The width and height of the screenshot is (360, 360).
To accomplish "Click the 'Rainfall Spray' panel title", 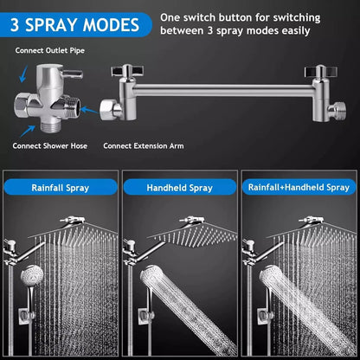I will (x=61, y=186).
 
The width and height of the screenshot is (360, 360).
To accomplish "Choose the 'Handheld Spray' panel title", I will (x=180, y=186).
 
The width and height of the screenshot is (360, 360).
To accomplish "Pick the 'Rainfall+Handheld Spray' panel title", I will (x=299, y=186).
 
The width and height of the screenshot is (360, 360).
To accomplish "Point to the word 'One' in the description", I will (x=171, y=16).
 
